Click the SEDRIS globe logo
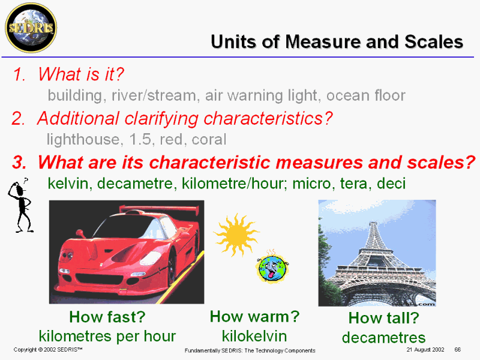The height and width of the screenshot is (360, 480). tap(31, 28)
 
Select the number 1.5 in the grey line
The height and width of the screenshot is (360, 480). tap(140, 140)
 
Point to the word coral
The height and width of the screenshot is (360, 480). tap(209, 140)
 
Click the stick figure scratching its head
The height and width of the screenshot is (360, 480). tap(20, 205)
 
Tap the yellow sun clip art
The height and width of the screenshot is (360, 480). tap(236, 235)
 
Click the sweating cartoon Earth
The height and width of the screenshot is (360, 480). tap(272, 267)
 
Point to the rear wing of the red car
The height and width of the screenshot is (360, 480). tap(159, 209)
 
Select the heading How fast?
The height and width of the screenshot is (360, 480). tap(107, 317)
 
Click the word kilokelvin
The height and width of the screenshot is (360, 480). tap(254, 336)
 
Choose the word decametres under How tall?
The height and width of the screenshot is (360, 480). tap(383, 338)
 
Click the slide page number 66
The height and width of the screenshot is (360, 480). tap(458, 350)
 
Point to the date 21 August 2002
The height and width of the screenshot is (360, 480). tap(425, 350)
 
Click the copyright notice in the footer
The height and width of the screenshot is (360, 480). tap(48, 350)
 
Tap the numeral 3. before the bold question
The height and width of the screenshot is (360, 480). tap(19, 162)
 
